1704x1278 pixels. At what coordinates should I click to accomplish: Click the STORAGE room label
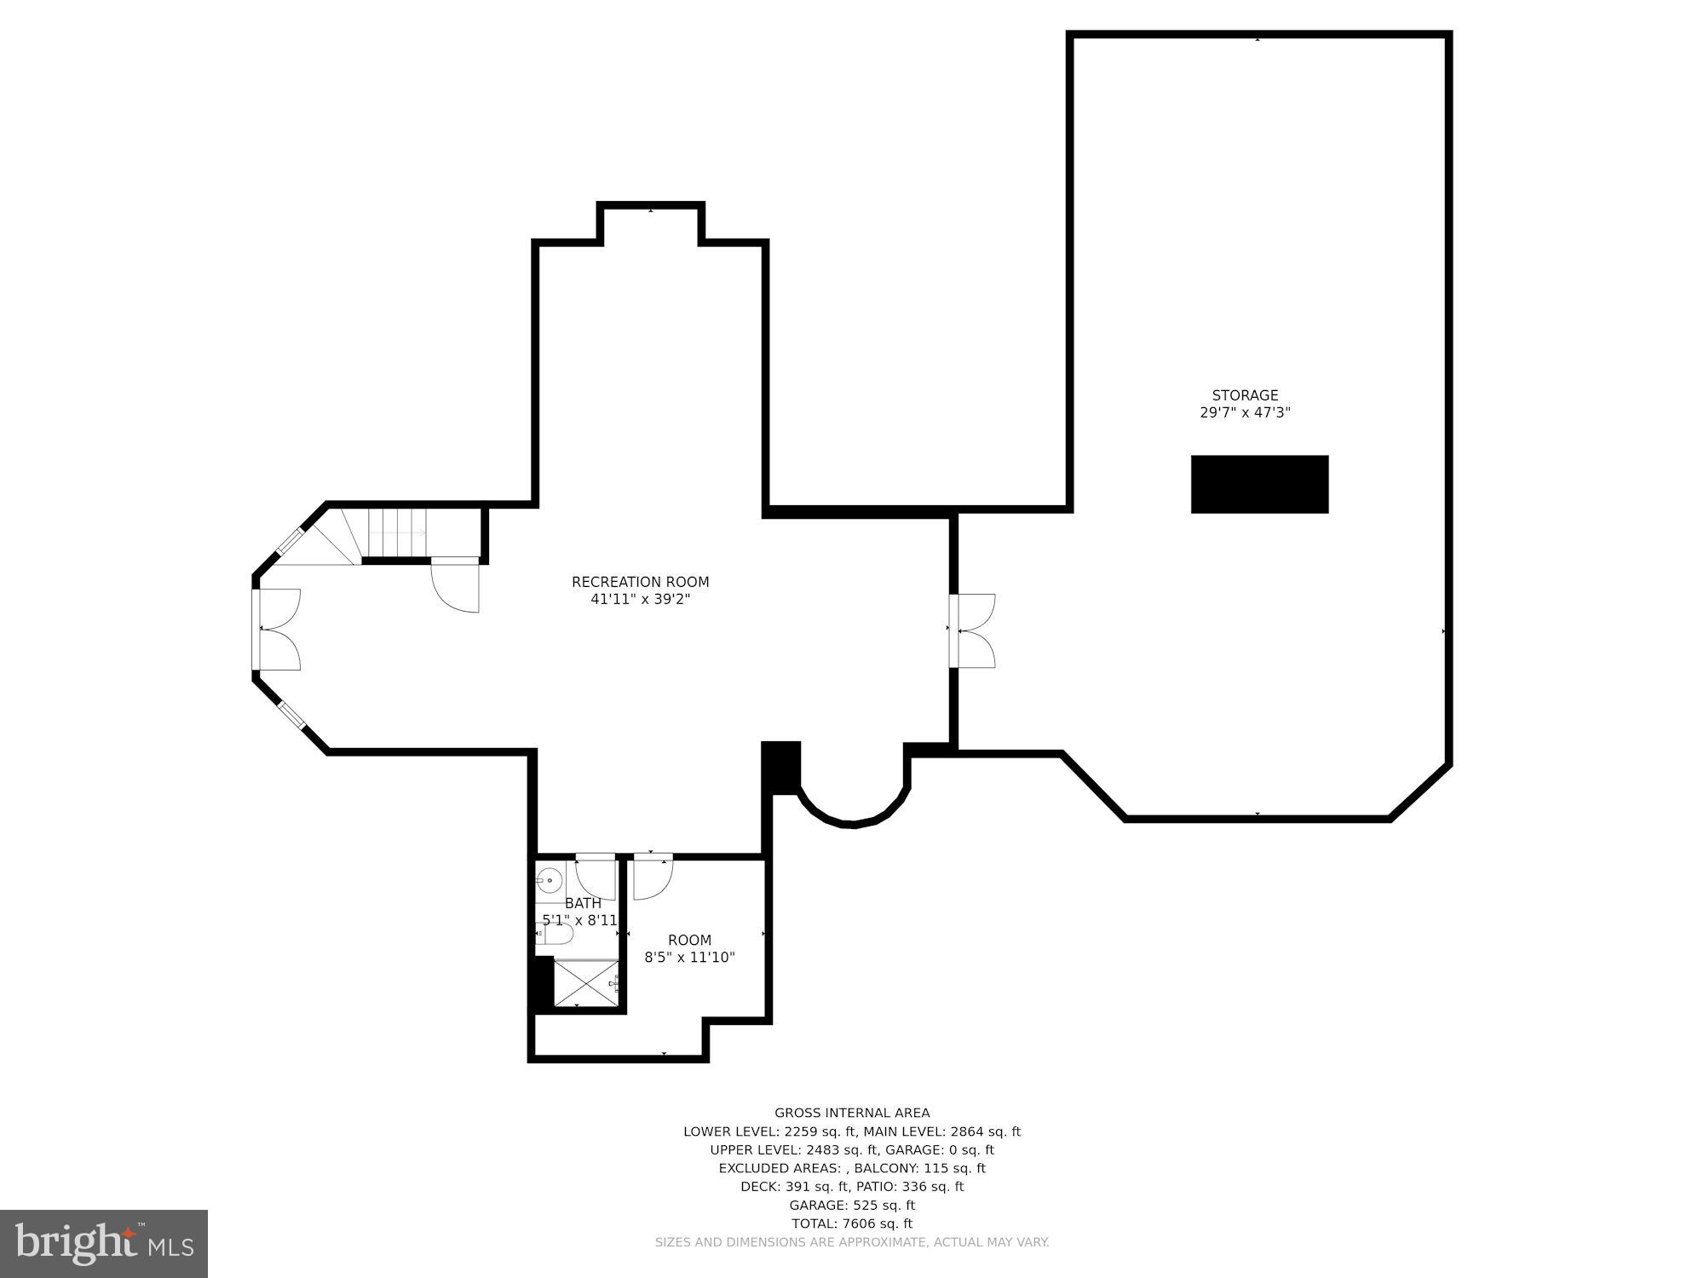(x=1245, y=395)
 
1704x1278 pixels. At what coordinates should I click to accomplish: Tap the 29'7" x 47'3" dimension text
(x=1245, y=413)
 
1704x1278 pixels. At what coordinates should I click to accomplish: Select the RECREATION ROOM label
(x=640, y=582)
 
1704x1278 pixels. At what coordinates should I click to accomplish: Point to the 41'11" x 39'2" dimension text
(x=640, y=600)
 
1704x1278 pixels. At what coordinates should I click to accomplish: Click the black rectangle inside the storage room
(x=1259, y=484)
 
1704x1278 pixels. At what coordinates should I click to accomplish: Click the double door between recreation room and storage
(x=974, y=630)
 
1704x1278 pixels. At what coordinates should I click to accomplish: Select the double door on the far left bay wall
(x=277, y=630)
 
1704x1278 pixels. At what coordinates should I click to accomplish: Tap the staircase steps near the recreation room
(x=396, y=533)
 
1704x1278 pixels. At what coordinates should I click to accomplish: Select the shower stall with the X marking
(x=586, y=982)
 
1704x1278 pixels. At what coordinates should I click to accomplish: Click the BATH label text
(x=583, y=903)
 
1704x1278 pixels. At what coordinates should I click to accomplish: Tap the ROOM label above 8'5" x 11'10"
(x=689, y=940)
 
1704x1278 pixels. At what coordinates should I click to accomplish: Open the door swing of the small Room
(x=652, y=877)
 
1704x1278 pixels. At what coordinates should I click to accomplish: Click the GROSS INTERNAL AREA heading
(x=852, y=1113)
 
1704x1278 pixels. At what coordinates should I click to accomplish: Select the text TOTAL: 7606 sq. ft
(x=852, y=1223)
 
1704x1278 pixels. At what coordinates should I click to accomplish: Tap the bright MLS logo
(x=104, y=1244)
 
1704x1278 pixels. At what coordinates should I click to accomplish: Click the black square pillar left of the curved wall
(x=780, y=767)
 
